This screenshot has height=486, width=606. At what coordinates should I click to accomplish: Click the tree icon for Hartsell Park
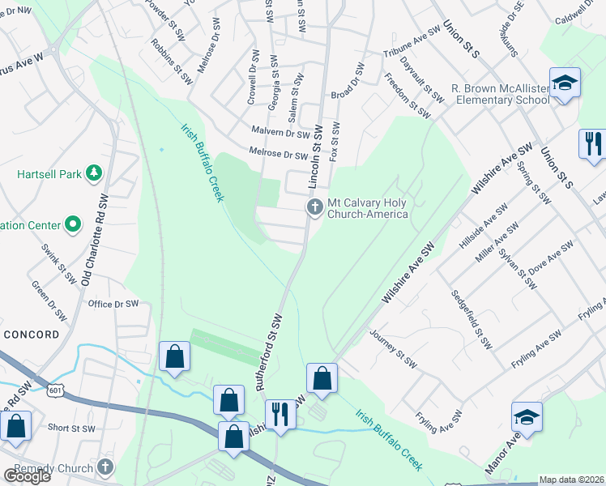(95, 173)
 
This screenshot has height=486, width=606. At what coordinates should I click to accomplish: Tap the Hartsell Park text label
(50, 173)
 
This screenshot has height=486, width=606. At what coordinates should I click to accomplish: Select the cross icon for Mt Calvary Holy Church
(314, 209)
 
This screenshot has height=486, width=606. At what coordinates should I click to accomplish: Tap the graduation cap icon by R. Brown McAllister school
(564, 83)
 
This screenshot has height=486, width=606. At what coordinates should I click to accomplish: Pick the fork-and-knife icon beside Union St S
(592, 143)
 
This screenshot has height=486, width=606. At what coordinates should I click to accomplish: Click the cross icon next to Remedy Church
(104, 467)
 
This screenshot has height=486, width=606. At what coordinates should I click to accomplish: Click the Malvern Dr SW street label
(281, 131)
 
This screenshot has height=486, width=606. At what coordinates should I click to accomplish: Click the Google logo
(27, 475)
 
